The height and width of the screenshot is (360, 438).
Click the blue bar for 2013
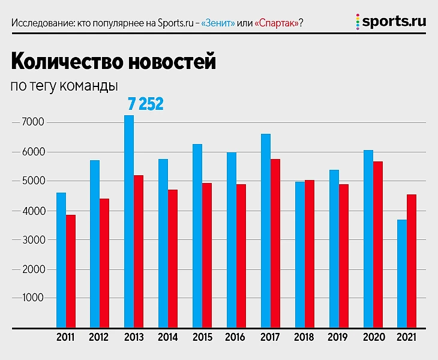tap(129, 222)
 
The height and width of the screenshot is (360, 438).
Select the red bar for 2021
tap(411, 261)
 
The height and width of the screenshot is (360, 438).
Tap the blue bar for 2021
tap(402, 274)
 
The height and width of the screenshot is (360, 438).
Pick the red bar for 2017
tap(275, 244)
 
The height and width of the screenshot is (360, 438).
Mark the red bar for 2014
tap(172, 259)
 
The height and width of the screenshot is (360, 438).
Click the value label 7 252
tap(146, 104)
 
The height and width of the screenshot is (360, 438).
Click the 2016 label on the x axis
tap(235, 337)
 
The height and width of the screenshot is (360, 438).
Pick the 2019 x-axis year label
tap(338, 337)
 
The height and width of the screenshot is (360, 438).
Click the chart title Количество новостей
tap(113, 62)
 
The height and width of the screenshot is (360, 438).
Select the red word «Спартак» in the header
tap(276, 23)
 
